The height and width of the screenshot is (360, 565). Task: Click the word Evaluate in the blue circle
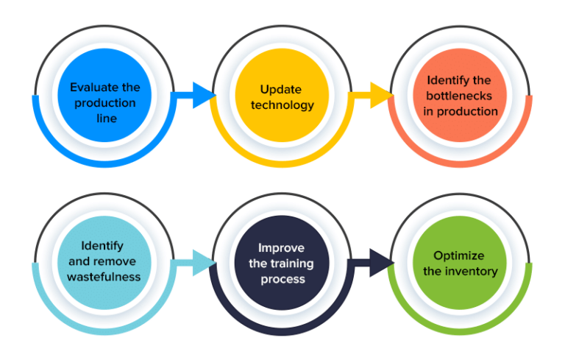(95, 88)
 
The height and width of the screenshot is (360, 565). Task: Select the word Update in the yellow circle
(281, 88)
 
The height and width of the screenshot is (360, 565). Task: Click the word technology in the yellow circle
(282, 105)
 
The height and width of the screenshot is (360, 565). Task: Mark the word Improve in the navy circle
(281, 247)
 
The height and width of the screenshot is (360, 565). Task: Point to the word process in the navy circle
(281, 279)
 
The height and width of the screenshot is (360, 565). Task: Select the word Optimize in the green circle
(459, 255)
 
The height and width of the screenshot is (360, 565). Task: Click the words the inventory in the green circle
(459, 271)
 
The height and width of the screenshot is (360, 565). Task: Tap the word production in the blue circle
(105, 103)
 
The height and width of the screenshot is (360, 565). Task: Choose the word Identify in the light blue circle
(103, 246)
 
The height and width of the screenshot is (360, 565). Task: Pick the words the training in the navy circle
(282, 264)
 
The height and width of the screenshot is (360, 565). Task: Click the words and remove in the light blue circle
(103, 261)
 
